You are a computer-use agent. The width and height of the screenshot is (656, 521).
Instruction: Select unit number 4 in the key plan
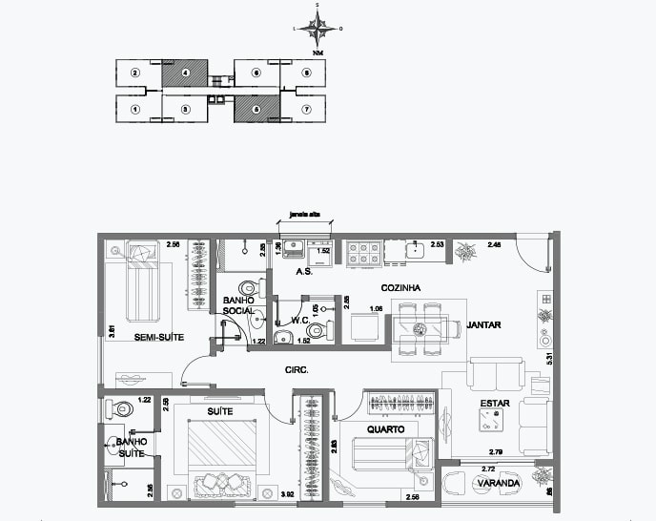pyautogui.click(x=186, y=73)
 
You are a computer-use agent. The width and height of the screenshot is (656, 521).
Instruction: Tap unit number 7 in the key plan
pyautogui.click(x=306, y=109)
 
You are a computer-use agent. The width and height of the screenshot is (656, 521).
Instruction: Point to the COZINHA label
pyautogui.click(x=401, y=287)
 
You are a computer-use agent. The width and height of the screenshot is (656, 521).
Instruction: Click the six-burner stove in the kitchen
pyautogui.click(x=363, y=253)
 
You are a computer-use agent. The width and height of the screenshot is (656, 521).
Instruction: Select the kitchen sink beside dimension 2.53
pyautogui.click(x=416, y=251)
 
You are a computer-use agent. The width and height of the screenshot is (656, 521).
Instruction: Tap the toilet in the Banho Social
pyautogui.click(x=251, y=287)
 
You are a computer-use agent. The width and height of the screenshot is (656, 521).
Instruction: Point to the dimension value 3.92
pyautogui.click(x=287, y=493)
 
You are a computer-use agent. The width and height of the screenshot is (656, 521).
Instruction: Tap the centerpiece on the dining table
pyautogui.click(x=420, y=329)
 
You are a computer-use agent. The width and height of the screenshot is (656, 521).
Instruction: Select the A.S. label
pyautogui.click(x=305, y=272)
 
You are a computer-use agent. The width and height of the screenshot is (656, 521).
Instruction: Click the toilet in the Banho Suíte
pyautogui.click(x=121, y=408)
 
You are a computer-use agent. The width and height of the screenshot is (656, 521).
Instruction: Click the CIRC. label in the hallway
pyautogui.click(x=295, y=369)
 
